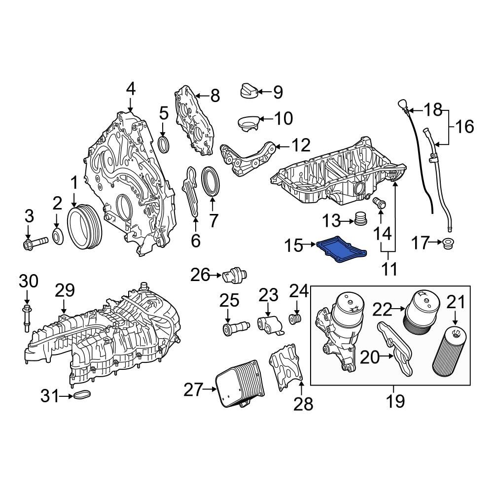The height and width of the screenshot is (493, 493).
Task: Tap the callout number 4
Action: [130, 89]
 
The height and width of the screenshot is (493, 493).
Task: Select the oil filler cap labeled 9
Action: [248, 91]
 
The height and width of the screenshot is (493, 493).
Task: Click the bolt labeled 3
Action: [35, 243]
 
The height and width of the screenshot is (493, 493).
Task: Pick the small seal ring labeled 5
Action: [164, 144]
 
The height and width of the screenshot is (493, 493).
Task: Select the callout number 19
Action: [395, 400]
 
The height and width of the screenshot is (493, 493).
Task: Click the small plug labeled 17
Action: [449, 244]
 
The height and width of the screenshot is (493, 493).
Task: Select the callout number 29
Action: [64, 291]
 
